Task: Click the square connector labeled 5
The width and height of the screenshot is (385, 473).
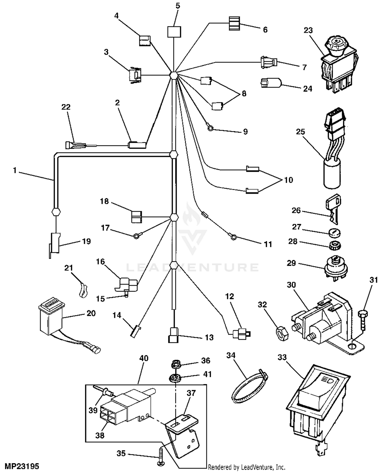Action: point(174,32)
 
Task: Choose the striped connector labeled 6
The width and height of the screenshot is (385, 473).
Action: point(234,23)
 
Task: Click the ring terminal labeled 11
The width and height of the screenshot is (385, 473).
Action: point(233,238)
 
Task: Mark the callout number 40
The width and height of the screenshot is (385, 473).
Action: point(144,358)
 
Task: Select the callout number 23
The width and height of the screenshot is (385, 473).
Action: point(308,30)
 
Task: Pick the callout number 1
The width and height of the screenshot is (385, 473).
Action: point(15,170)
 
